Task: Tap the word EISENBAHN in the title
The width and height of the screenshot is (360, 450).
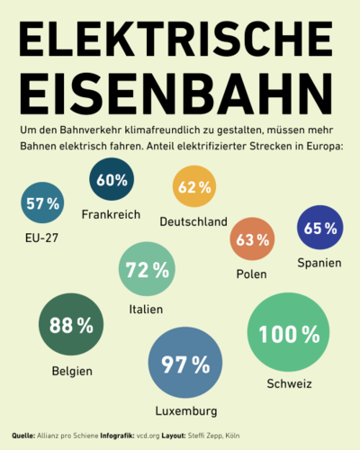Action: click(176, 94)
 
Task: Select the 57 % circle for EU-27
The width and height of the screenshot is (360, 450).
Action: click(42, 202)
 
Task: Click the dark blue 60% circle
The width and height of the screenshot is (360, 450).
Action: click(112, 179)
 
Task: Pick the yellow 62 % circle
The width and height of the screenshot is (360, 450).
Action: click(194, 186)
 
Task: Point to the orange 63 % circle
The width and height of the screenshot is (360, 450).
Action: click(252, 239)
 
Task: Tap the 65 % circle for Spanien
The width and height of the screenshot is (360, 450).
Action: click(320, 228)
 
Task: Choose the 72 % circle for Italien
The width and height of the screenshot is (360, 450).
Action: click(147, 269)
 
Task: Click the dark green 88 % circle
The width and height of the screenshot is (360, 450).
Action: click(71, 324)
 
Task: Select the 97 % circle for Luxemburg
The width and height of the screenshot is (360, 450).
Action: click(185, 363)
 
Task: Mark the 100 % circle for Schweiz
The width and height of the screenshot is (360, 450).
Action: click(288, 332)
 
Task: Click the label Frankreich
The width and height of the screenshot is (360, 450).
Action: click(111, 214)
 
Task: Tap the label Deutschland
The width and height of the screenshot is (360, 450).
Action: click(193, 221)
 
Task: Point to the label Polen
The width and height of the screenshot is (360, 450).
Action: click(251, 274)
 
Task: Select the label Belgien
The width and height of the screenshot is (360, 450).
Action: click(72, 372)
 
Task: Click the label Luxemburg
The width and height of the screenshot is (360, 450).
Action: click(186, 411)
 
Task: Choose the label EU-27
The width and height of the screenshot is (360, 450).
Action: click(41, 238)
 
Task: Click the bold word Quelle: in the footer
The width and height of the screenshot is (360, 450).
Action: click(23, 436)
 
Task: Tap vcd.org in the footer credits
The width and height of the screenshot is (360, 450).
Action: click(148, 436)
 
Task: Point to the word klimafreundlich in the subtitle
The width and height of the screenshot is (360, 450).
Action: click(162, 130)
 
